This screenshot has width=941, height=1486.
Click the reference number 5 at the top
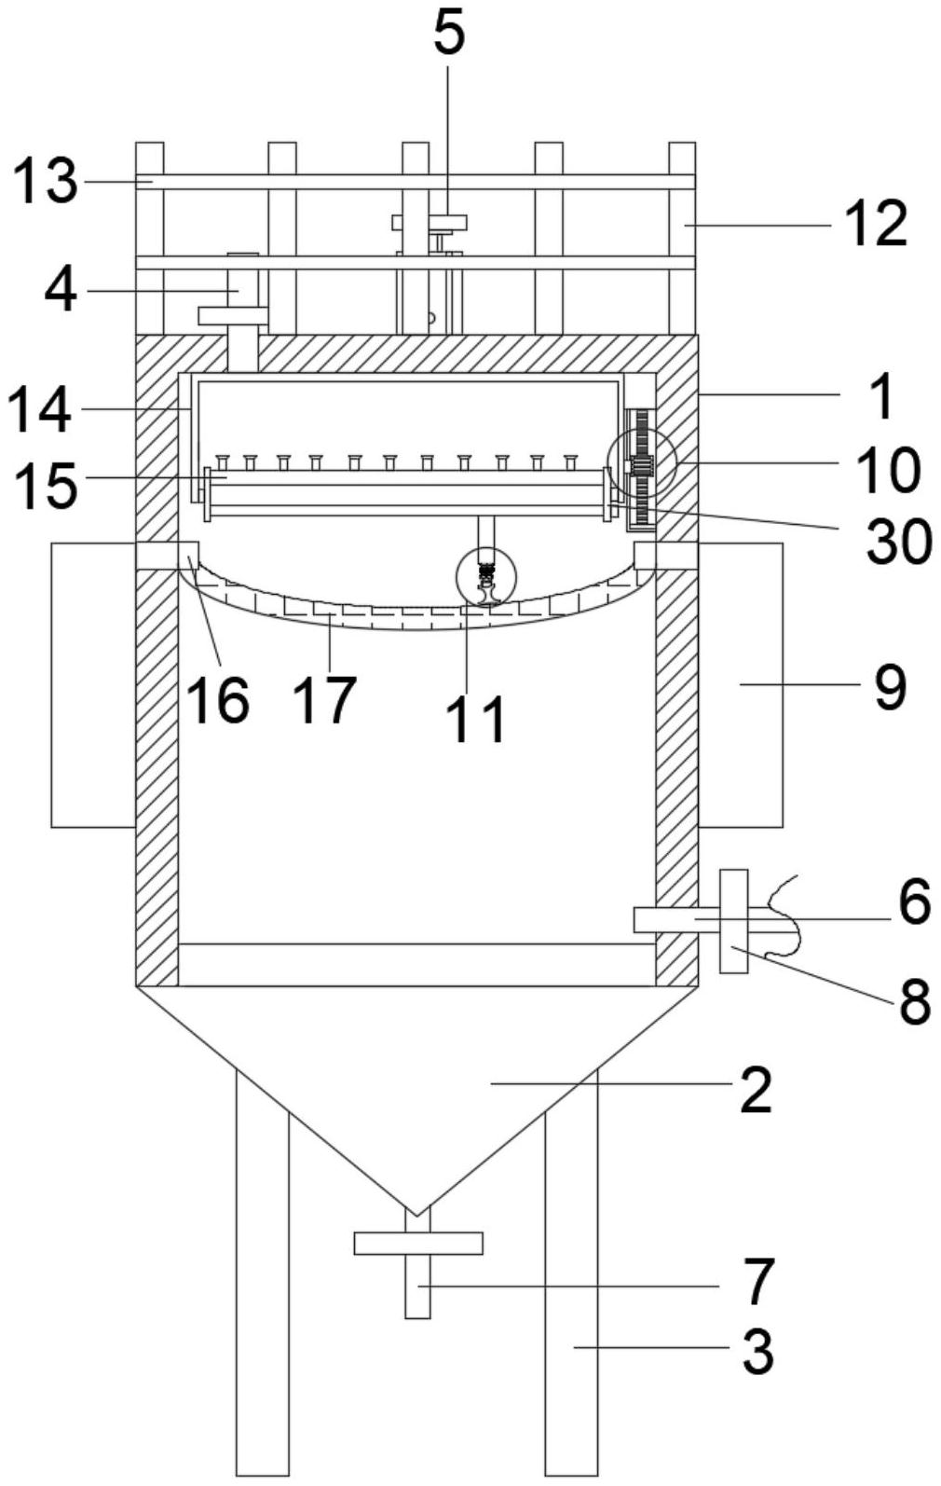click(449, 35)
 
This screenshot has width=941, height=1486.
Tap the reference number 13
click(45, 182)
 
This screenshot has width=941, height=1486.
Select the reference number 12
click(875, 225)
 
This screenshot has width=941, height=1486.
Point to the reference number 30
click(898, 542)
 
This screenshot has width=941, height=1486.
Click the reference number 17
click(326, 699)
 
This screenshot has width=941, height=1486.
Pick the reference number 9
click(890, 688)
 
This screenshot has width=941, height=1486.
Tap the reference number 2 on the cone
click(757, 1092)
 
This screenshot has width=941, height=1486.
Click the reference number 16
click(217, 699)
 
